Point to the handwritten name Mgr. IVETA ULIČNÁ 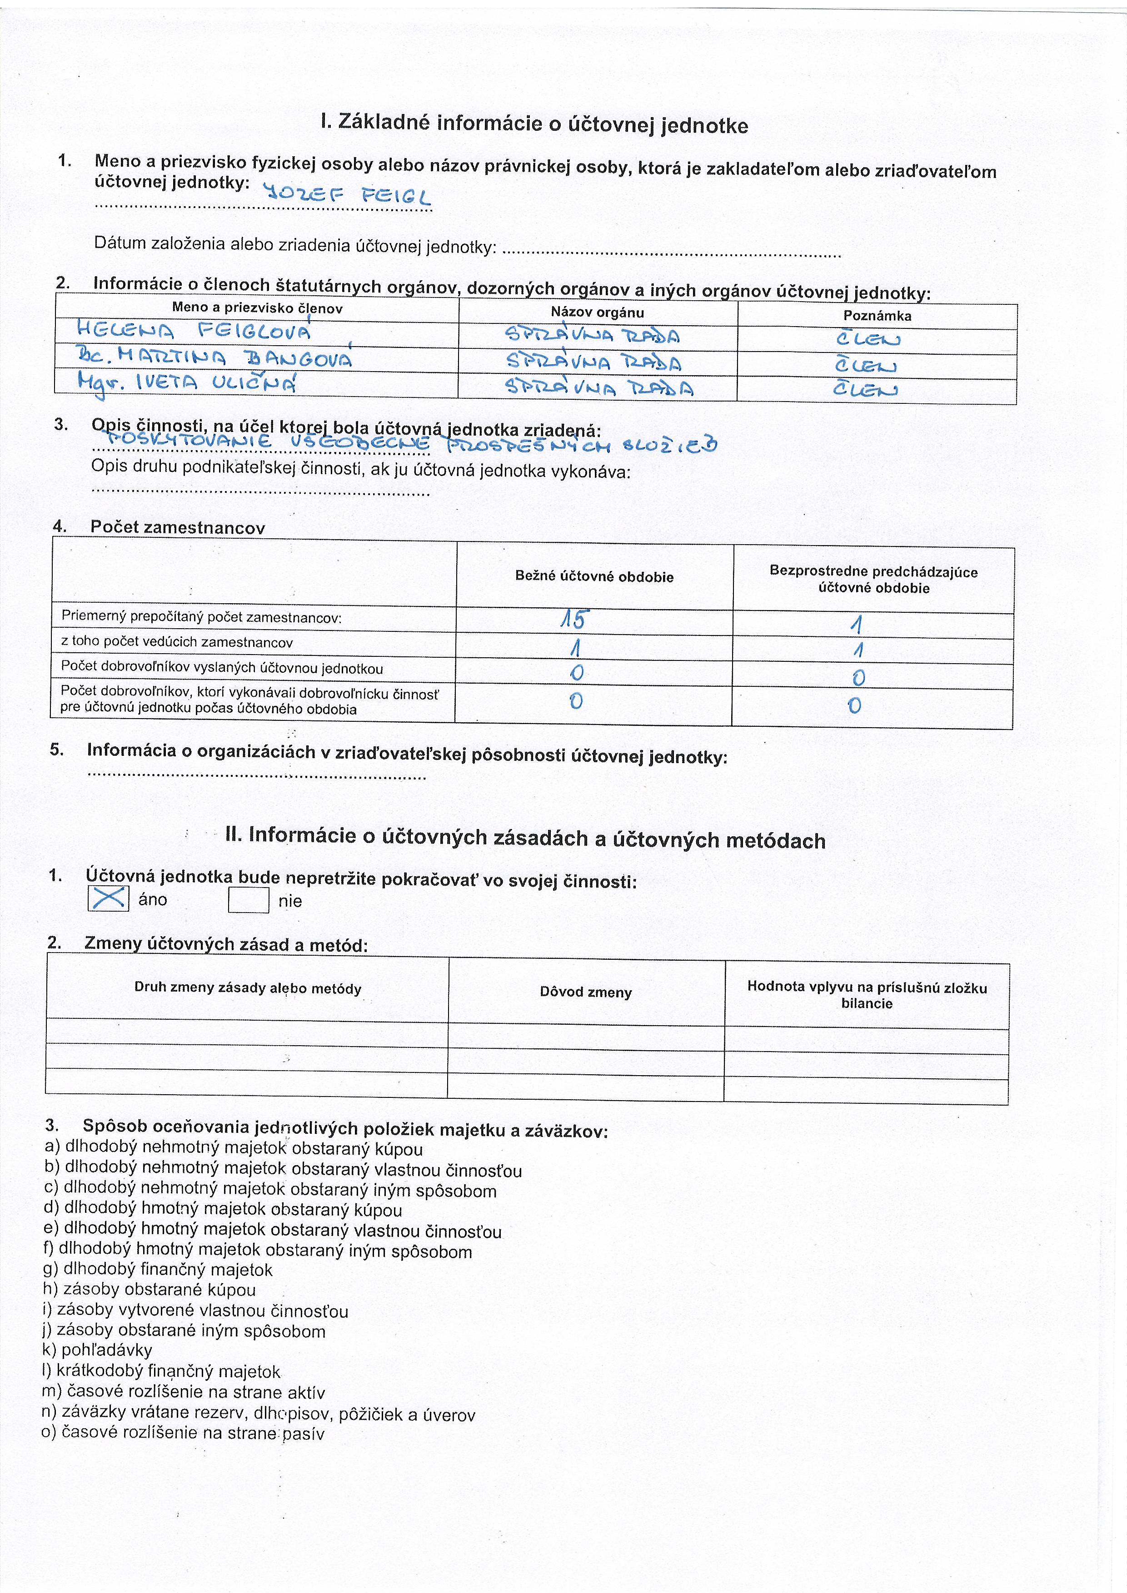point(187,382)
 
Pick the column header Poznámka point(877,316)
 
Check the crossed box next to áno point(108,898)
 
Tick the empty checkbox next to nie point(249,901)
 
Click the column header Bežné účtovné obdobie point(594,576)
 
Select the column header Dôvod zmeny point(586,992)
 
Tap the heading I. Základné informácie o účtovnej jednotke point(534,124)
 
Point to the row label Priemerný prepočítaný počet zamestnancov point(201,617)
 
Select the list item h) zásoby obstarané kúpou point(149,1290)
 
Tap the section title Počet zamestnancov point(178,527)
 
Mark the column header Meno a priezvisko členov point(257,308)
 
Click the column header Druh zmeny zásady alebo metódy point(248,988)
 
